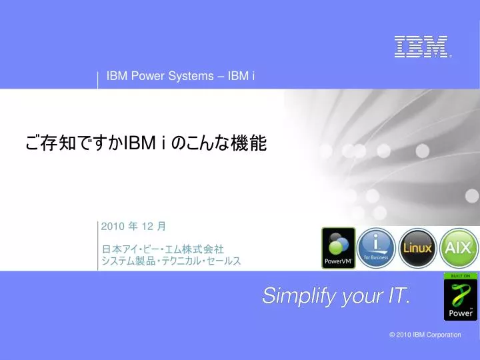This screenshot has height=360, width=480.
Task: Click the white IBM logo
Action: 423,47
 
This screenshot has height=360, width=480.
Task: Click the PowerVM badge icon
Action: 338,248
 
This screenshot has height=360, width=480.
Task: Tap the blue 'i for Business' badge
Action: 376,248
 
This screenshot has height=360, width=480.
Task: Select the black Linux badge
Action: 417,248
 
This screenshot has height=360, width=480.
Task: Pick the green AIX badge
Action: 459,248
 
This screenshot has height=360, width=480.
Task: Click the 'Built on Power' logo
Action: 461,297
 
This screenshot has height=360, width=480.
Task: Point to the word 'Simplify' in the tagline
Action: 299,296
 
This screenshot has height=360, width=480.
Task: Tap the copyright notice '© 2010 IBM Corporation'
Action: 425,335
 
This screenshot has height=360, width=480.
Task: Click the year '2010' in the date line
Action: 113,227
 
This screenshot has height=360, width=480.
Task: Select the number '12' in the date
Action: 147,227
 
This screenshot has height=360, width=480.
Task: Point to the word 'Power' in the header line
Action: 148,76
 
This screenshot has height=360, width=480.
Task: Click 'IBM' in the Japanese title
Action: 139,143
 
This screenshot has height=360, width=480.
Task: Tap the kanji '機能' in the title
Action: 249,143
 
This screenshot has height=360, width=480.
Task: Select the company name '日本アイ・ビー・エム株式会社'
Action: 163,249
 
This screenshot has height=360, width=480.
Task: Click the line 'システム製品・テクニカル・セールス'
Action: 171,261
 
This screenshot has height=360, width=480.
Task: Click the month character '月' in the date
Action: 161,227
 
